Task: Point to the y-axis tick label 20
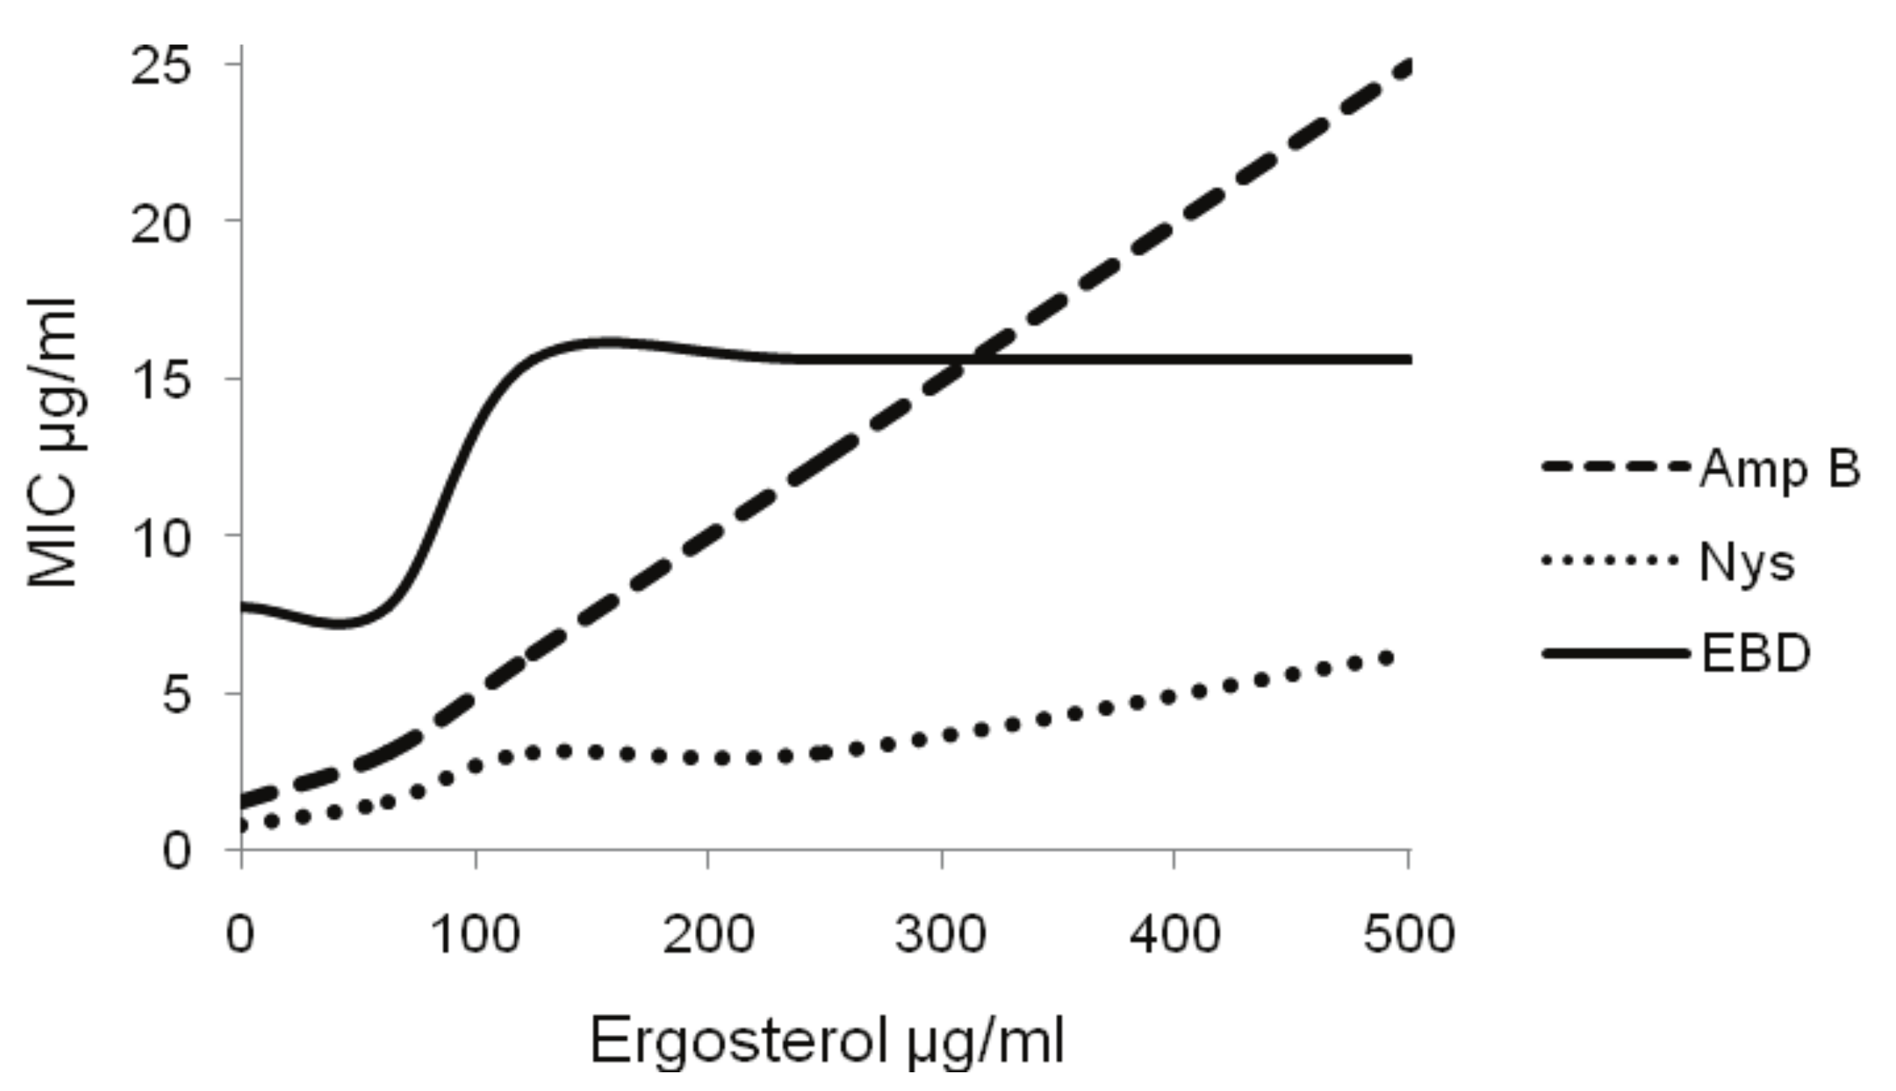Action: (161, 224)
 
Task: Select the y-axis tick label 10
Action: (161, 539)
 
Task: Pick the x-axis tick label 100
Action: (475, 935)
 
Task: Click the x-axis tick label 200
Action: (708, 935)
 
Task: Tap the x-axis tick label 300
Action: (941, 935)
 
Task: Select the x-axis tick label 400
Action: (1174, 935)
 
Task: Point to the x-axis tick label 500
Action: (1409, 935)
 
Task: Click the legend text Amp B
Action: (1779, 470)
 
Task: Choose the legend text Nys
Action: (1747, 563)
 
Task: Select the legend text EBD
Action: (1756, 654)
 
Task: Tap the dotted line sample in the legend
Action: (1610, 560)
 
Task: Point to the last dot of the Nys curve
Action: (1386, 658)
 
